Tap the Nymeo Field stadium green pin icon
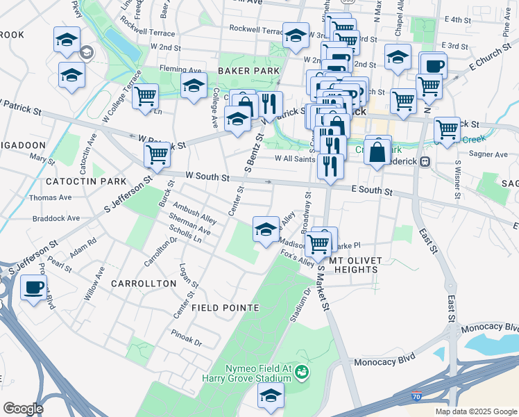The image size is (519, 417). [x=301, y=373]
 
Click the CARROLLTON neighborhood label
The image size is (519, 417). [x=144, y=284]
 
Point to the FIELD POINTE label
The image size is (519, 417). [x=226, y=307]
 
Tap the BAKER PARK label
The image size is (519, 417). [x=248, y=71]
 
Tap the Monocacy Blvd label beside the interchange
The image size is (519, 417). [x=384, y=361]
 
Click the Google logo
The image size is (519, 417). [x=23, y=408]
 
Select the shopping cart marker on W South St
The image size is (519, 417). [x=158, y=154]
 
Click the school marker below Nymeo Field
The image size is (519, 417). [x=271, y=395]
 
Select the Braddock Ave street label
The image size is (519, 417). [x=56, y=218]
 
